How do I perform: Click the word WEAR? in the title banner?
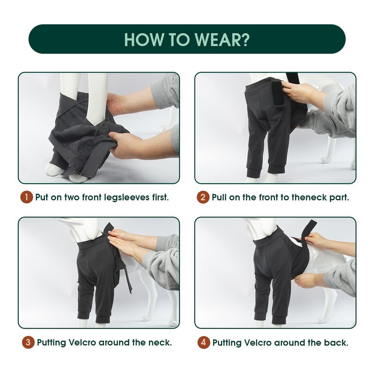pyautogui.click(x=222, y=39)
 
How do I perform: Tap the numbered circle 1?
pyautogui.click(x=26, y=197)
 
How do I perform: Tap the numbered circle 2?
pyautogui.click(x=203, y=197)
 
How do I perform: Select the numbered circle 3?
pyautogui.click(x=28, y=342)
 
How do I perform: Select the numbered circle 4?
pyautogui.click(x=203, y=343)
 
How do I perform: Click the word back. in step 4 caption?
pyautogui.click(x=336, y=343)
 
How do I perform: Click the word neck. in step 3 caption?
pyautogui.click(x=160, y=343)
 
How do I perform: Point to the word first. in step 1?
pyautogui.click(x=160, y=197)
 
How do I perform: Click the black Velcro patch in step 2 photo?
pyautogui.click(x=278, y=93)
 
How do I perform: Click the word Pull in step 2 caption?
pyautogui.click(x=219, y=197)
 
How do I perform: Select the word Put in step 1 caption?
pyautogui.click(x=42, y=197)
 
